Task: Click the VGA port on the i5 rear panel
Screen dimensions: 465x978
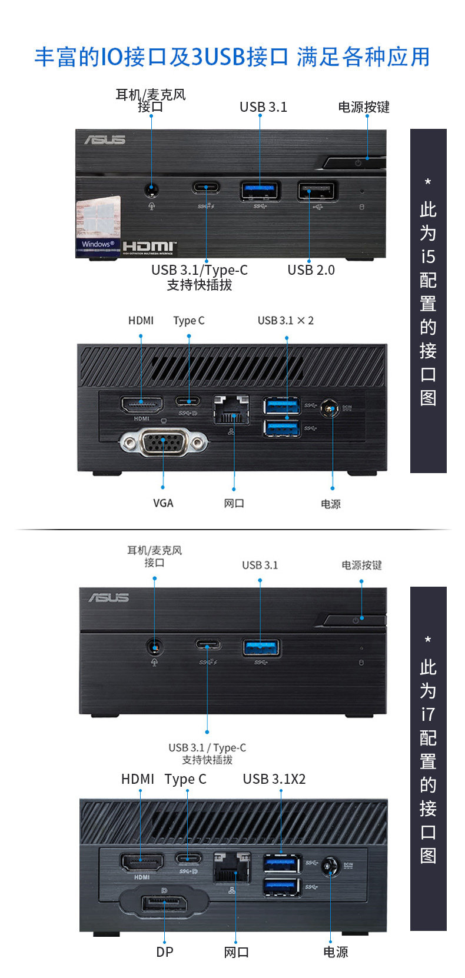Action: tap(163, 442)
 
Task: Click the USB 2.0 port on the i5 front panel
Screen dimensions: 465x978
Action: tap(317, 191)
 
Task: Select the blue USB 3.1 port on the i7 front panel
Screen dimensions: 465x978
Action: tap(261, 647)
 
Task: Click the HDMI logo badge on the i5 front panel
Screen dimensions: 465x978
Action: tap(150, 247)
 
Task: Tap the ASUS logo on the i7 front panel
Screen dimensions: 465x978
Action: tap(108, 598)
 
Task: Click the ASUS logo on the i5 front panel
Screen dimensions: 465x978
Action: tap(105, 139)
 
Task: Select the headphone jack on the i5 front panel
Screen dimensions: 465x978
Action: tap(152, 189)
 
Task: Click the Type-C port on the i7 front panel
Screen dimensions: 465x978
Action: tap(208, 645)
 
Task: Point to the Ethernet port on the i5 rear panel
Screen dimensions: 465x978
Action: tap(231, 410)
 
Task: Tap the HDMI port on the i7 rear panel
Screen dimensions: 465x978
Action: tap(142, 863)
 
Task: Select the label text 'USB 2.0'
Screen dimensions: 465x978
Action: tap(311, 270)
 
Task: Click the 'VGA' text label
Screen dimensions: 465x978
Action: tap(163, 503)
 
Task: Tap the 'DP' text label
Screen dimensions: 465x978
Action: tap(165, 952)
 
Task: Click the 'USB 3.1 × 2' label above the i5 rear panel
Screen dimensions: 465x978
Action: tap(285, 321)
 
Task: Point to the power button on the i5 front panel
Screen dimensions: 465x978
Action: tap(356, 162)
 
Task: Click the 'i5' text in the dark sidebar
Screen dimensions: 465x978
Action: tap(428, 257)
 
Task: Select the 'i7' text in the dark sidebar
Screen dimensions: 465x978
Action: tap(428, 714)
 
